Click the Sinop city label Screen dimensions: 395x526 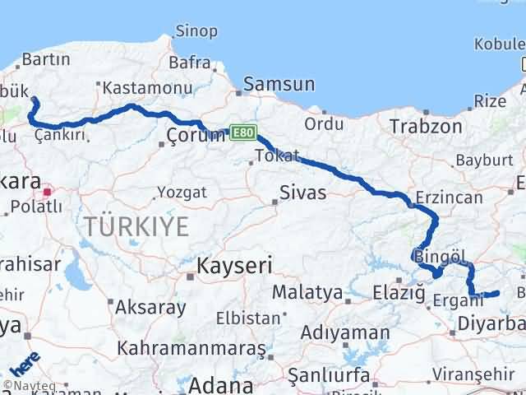[197, 31]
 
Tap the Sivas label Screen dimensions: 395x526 [302, 193]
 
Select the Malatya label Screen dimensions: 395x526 [307, 292]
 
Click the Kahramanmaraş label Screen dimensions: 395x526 [191, 349]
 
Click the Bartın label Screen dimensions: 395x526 [40, 59]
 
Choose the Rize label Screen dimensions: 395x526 [491, 100]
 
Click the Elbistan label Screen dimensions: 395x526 [248, 317]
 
